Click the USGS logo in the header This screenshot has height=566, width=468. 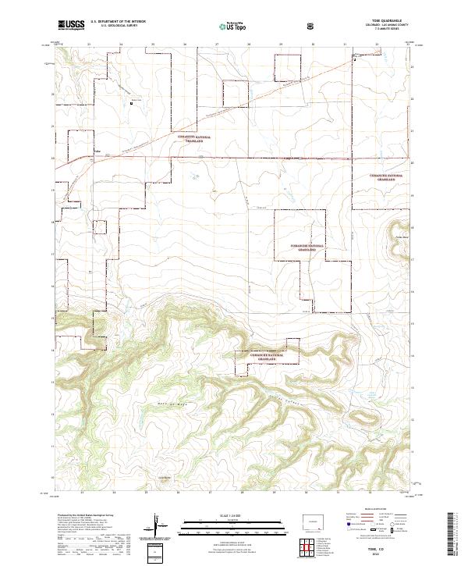71,26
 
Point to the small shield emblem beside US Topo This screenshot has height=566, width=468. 312,27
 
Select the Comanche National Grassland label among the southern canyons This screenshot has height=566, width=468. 273,355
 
